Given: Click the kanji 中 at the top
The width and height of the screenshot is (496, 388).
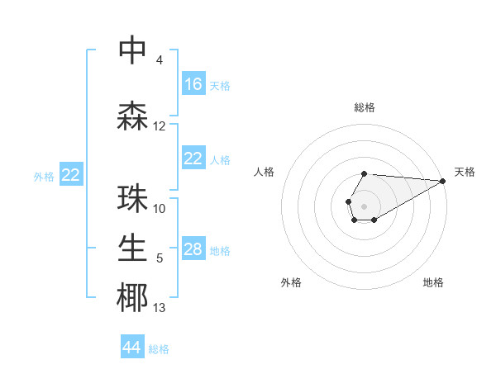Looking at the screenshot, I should click(x=132, y=51).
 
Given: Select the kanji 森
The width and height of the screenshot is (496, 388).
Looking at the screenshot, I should click(x=132, y=116).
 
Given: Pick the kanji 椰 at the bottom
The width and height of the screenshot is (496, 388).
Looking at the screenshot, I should click(x=132, y=298).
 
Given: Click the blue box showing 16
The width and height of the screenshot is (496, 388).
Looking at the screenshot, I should click(x=193, y=84).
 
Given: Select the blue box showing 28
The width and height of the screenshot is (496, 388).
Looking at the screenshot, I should click(x=193, y=249).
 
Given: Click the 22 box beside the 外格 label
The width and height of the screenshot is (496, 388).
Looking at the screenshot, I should click(x=71, y=175).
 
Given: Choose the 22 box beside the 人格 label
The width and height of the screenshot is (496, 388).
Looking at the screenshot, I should click(x=193, y=159).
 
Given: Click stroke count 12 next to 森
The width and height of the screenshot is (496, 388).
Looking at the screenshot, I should click(x=160, y=126).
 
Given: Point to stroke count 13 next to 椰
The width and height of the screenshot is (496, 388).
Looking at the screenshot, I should click(x=160, y=308).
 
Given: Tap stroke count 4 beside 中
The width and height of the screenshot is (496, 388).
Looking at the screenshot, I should click(x=159, y=60).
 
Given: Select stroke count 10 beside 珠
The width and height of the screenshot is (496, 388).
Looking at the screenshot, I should click(x=160, y=209).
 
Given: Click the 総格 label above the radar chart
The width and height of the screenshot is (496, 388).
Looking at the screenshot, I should click(x=365, y=107).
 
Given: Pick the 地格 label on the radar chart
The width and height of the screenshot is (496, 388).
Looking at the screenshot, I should click(x=433, y=282).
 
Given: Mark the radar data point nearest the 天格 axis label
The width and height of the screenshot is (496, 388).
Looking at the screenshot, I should click(x=442, y=181).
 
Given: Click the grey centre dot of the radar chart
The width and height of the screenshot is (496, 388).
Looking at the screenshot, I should click(x=364, y=205).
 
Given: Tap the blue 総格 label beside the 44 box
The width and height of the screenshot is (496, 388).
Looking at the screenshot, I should click(x=159, y=349).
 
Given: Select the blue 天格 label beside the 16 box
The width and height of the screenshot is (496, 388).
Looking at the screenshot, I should click(x=220, y=85).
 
